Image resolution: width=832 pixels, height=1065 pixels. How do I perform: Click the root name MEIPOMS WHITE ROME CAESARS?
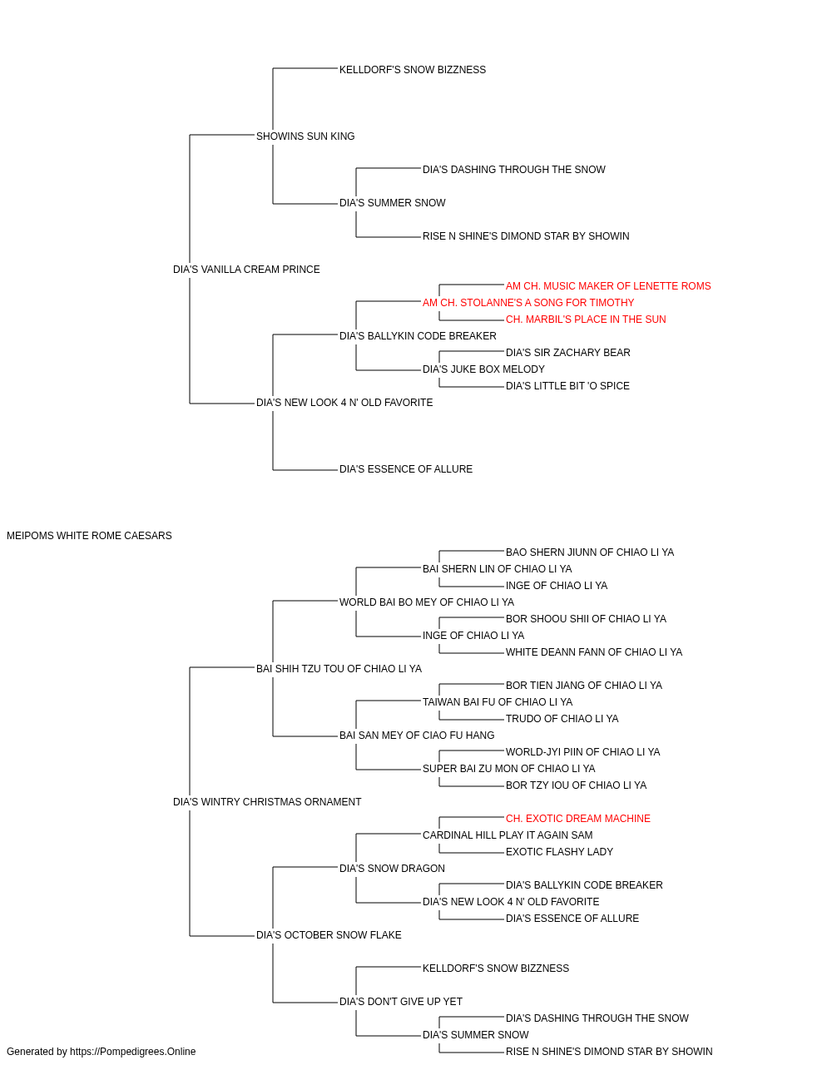[x=89, y=536]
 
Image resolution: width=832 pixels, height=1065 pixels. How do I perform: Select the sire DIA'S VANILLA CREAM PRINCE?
[x=246, y=270]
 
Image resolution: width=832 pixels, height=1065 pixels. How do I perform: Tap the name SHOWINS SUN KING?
[x=305, y=136]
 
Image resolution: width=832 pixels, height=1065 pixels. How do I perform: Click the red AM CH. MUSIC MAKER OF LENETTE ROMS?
[x=608, y=286]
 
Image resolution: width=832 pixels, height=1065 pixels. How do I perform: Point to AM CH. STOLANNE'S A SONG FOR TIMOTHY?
[x=528, y=303]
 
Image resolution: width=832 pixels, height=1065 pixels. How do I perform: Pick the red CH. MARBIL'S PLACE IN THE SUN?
[x=586, y=319]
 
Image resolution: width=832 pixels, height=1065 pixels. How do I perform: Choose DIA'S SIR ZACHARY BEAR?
[x=568, y=353]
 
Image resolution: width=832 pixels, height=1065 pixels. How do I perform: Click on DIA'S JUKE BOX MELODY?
[x=483, y=369]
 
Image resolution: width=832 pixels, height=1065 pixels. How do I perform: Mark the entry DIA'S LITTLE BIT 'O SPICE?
[x=567, y=386]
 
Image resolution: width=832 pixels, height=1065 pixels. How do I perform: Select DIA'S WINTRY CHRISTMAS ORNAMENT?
[x=267, y=802]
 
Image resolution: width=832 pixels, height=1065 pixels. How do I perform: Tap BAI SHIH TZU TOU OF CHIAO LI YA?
[x=339, y=669]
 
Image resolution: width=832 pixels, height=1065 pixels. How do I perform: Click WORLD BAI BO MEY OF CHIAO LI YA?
[x=427, y=602]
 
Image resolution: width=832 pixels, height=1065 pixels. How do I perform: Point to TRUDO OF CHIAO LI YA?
[x=562, y=719]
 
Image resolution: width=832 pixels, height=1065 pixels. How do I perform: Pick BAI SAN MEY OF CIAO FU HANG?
[x=417, y=736]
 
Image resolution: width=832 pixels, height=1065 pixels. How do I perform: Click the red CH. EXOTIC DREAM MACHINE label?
[x=578, y=819]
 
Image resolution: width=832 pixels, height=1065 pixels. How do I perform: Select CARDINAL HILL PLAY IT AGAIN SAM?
[x=508, y=835]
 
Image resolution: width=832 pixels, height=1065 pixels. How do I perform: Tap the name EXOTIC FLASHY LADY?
[x=560, y=852]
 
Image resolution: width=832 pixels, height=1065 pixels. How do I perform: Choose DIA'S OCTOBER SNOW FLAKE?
[x=329, y=935]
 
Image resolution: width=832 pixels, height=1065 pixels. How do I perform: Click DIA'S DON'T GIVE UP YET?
[x=401, y=1002]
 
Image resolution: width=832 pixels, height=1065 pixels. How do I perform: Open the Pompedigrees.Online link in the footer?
[x=133, y=1052]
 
